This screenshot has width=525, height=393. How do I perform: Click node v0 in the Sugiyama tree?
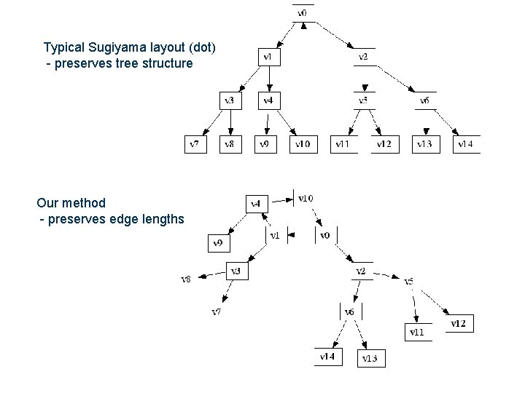pos(303,13)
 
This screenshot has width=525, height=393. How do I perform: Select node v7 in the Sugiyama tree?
pos(195,144)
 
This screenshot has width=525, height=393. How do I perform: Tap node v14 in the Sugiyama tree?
pos(466,144)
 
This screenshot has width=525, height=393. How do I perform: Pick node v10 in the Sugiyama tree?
pos(303,144)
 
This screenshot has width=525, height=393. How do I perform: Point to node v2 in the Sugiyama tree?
pos(363,57)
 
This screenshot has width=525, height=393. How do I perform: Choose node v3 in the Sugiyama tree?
pos(229,100)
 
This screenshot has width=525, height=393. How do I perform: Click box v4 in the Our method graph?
pos(257,204)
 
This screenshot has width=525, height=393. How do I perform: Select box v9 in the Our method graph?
pos(219,243)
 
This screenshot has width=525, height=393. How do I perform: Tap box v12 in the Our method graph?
pos(459,323)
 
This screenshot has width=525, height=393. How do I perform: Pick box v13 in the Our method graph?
pos(370,358)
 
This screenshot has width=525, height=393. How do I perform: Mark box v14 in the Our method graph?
pos(327,357)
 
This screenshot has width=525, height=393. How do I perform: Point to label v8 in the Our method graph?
pos(187,279)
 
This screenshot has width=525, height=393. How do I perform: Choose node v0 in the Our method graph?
pos(325,235)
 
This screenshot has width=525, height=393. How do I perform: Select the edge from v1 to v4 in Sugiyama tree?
pos(268,79)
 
